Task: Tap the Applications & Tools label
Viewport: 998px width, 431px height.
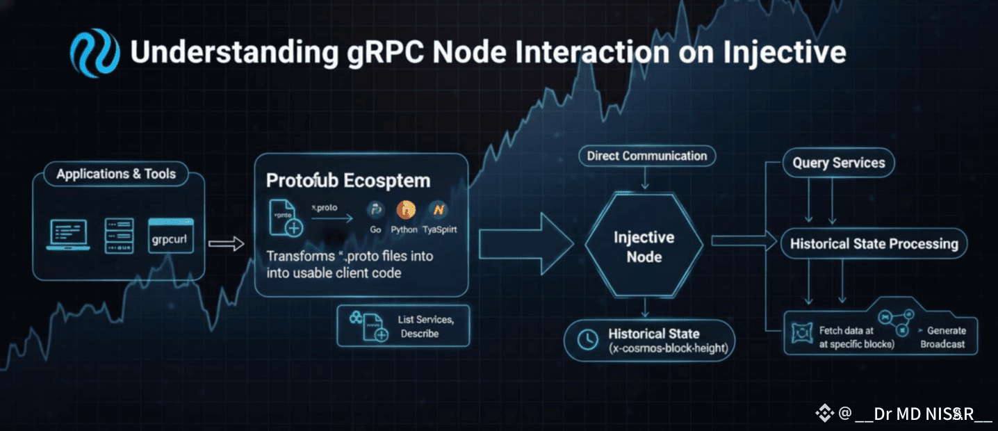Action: point(117,174)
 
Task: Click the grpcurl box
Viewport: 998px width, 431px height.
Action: point(170,241)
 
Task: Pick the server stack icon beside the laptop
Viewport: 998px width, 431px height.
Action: point(118,236)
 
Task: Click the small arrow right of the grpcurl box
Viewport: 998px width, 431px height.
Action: point(227,243)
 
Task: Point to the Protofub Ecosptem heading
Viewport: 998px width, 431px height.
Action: point(348,181)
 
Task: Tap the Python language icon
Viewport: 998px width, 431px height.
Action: point(404,210)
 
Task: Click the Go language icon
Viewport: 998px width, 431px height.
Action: point(376,210)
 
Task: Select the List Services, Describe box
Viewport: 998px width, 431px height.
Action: point(403,326)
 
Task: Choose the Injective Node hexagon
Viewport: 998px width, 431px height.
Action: point(644,247)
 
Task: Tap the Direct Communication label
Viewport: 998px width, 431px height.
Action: point(646,156)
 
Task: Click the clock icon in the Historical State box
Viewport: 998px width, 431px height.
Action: point(588,339)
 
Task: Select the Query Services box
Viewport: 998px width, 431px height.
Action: point(839,163)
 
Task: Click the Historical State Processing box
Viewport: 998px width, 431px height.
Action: point(874,244)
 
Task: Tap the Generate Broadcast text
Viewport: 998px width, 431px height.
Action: point(945,337)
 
